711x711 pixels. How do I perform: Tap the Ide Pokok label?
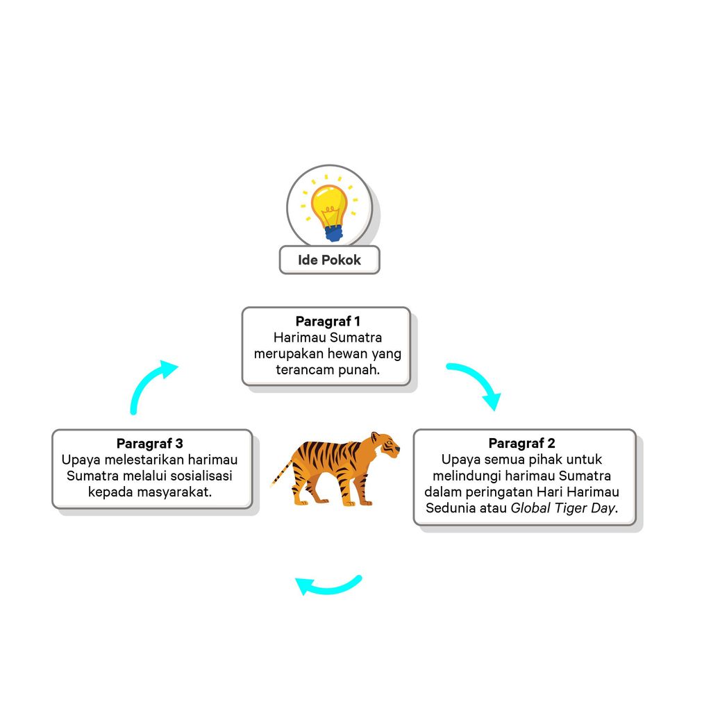pyautogui.click(x=329, y=260)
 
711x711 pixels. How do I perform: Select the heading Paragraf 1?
pyautogui.click(x=328, y=321)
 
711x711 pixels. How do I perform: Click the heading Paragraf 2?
pyautogui.click(x=521, y=443)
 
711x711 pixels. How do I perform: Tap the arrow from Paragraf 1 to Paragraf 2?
pyautogui.click(x=476, y=383)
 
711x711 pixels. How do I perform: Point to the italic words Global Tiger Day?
pyautogui.click(x=563, y=508)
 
